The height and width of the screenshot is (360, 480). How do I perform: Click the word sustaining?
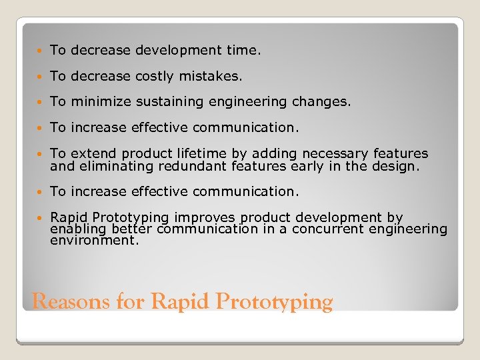[167, 101]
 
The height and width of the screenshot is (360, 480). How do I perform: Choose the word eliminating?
[108, 167]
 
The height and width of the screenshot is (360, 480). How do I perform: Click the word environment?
[94, 240]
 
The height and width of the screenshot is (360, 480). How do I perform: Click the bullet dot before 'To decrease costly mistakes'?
[41, 77]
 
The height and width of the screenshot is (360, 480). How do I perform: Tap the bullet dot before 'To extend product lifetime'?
[41, 154]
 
